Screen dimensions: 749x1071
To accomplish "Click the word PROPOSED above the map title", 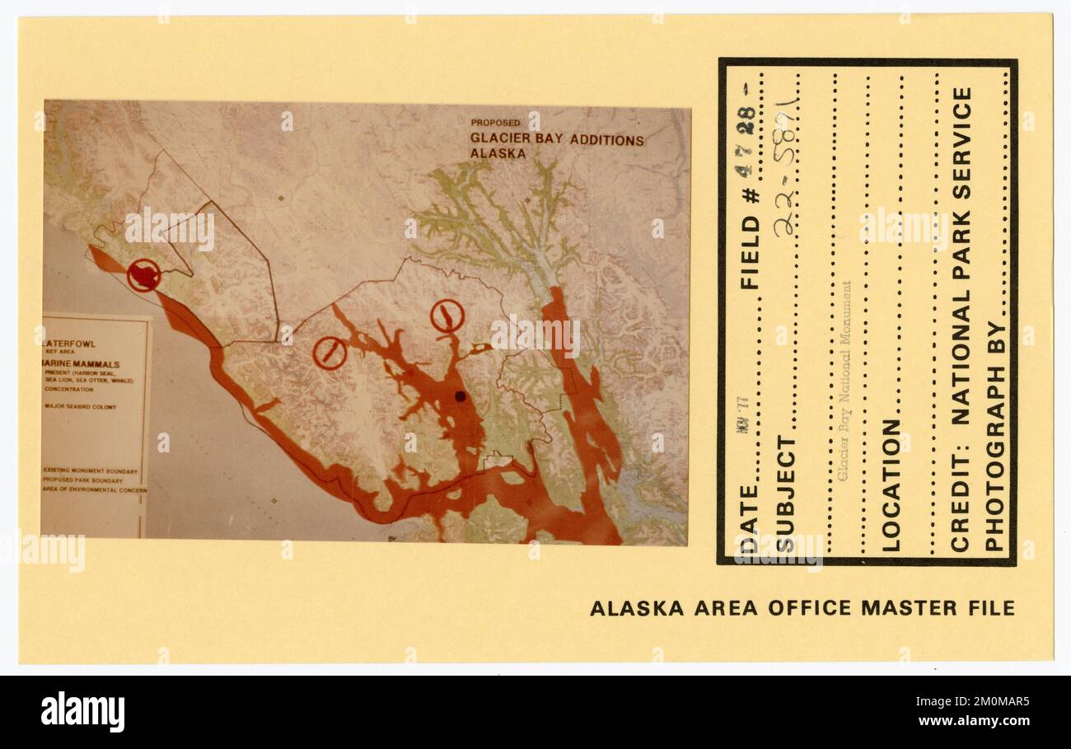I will coord(495,123).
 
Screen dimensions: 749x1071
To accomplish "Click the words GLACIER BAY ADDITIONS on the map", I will coord(557,139).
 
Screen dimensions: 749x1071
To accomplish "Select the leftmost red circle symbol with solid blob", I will coord(143,275).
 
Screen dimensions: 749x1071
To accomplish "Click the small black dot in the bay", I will coord(460,396).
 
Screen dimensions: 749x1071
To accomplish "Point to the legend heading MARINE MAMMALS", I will coord(82,364).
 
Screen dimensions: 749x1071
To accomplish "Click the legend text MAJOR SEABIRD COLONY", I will coord(80,407).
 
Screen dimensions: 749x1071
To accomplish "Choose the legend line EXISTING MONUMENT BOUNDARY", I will coord(91,471).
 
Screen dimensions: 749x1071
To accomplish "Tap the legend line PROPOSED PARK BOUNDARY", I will coord(83,480).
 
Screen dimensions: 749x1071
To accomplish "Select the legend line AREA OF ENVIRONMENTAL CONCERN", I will coord(95,489).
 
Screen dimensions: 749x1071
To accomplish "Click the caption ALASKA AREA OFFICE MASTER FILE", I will coord(802,609).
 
